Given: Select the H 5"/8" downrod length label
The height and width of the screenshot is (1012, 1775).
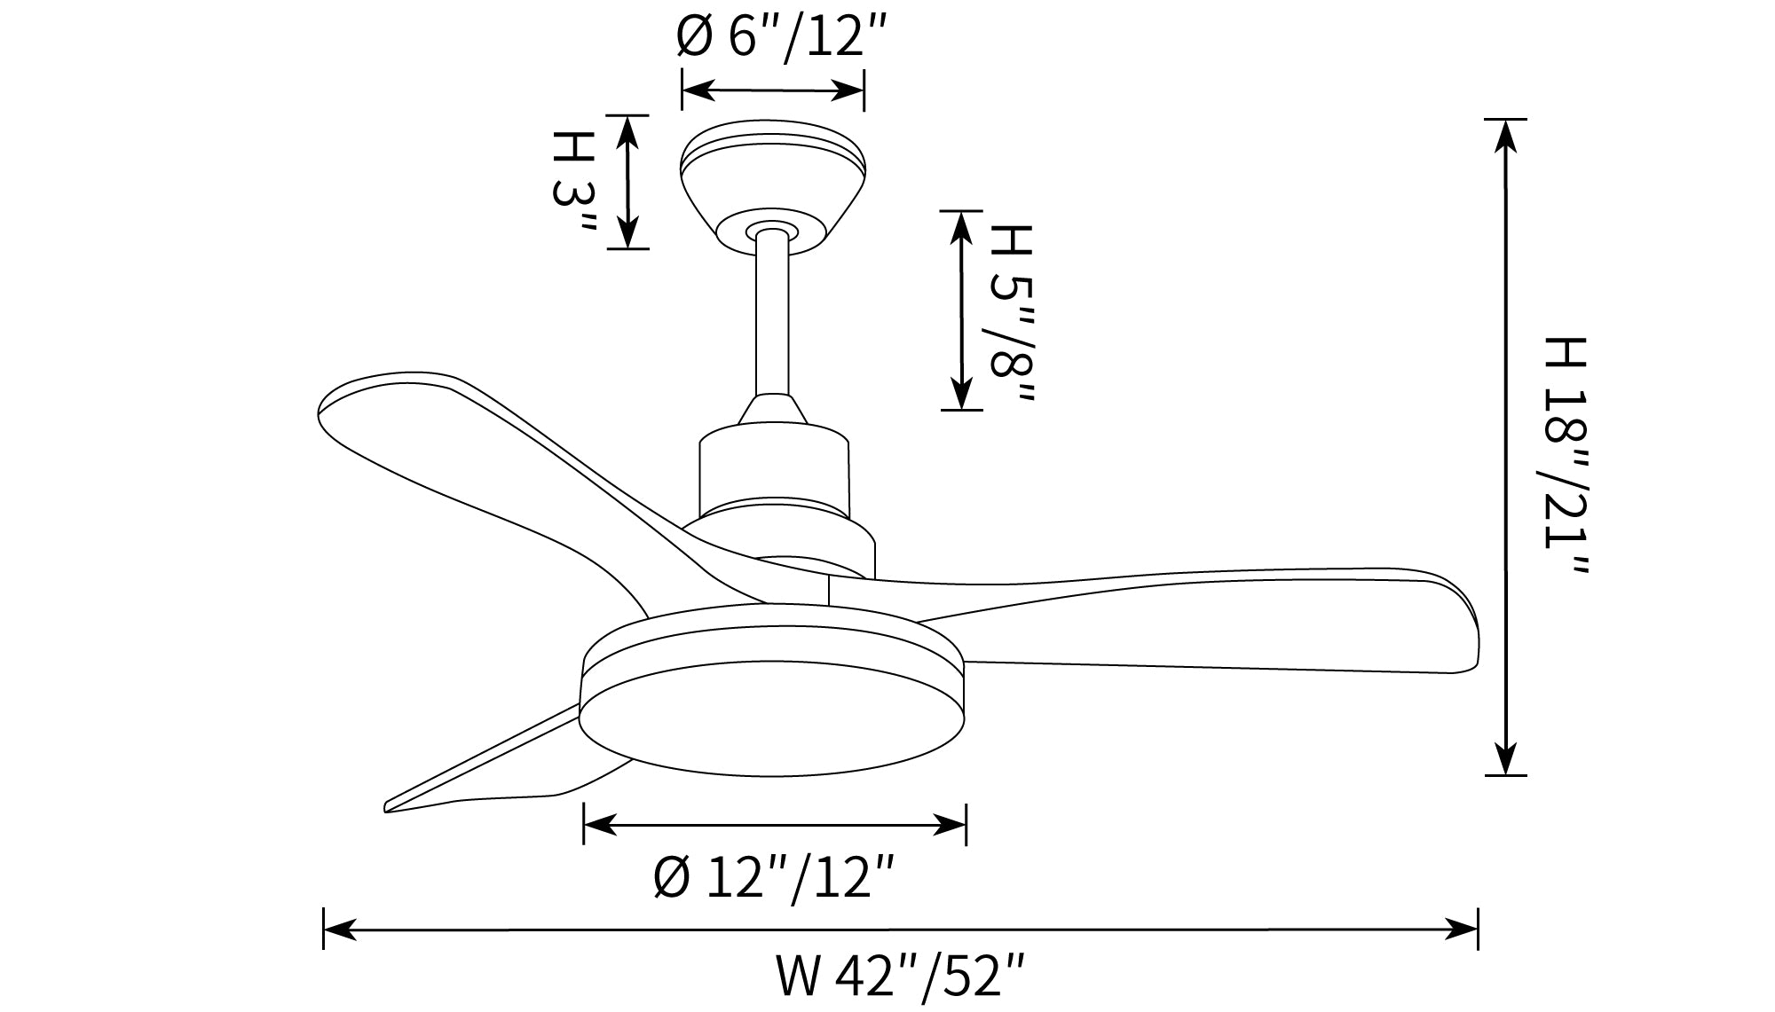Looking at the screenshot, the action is [1008, 312].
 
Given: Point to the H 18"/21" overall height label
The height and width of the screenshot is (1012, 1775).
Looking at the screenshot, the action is [1563, 455].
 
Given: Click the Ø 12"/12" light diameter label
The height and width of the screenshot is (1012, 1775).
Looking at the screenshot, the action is [773, 878].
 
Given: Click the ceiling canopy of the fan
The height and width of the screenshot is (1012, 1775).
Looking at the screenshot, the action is [772, 188].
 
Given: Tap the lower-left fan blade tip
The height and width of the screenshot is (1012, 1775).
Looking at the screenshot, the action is [389, 806].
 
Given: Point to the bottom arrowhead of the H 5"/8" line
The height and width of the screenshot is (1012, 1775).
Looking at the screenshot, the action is [961, 393].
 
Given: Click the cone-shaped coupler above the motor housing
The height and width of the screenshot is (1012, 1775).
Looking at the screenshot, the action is [772, 409].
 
